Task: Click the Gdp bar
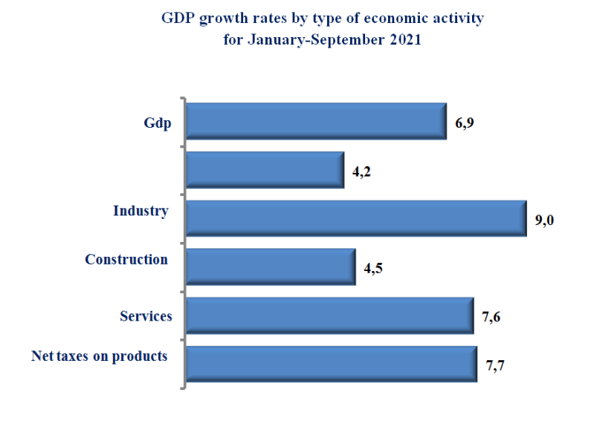[x=316, y=121]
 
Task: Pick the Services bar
[x=329, y=316]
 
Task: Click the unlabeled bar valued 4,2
[x=265, y=170]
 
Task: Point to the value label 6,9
[x=465, y=123]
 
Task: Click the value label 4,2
[x=361, y=172]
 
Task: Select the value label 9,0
[x=545, y=221]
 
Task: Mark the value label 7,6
[x=491, y=318]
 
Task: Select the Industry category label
[x=141, y=211]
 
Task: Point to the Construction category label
[x=126, y=259]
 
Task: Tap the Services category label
[x=146, y=316]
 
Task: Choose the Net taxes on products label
[x=99, y=356]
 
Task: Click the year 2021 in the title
[x=405, y=41]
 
